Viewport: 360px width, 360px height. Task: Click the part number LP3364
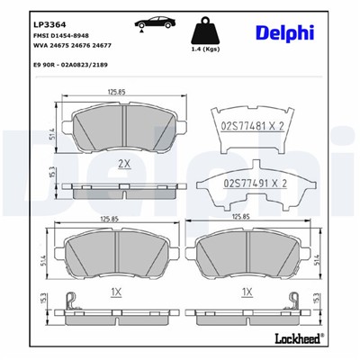[45, 25]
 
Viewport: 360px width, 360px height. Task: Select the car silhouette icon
[149, 22]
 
